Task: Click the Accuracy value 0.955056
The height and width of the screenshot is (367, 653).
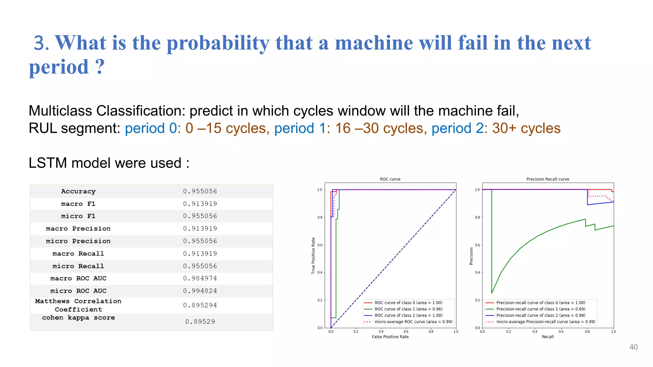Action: point(200,191)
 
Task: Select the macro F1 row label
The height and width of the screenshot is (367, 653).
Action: point(78,204)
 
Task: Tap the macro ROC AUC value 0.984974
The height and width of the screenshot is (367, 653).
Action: point(200,278)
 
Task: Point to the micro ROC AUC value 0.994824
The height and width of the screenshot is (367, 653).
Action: point(200,291)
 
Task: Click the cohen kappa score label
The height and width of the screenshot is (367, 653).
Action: point(78,318)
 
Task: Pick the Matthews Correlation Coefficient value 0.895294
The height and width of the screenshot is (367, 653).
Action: point(200,305)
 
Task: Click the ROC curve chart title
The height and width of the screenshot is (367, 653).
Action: point(390,179)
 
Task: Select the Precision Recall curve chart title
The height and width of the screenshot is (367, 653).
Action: point(547,179)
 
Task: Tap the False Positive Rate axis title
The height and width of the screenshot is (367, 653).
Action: point(390,337)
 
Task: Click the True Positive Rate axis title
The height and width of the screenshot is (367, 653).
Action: point(313,255)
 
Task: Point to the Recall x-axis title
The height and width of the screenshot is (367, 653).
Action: point(547,337)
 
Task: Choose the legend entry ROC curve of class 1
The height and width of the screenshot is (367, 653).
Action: point(408,309)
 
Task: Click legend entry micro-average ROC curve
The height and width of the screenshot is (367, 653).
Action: point(413,322)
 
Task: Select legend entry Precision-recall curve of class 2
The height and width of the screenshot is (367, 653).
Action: point(540,315)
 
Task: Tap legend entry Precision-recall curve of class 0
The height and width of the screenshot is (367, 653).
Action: point(540,303)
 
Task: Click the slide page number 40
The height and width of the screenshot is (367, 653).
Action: point(633,347)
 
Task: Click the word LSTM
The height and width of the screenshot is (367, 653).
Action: point(48,163)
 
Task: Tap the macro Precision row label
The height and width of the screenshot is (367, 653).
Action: point(78,229)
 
